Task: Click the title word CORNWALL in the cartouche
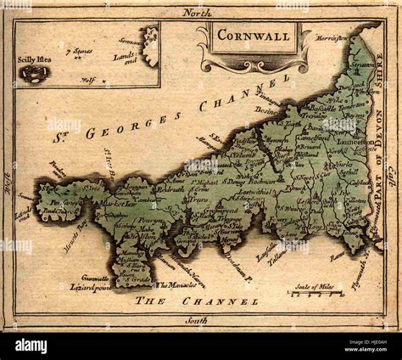click(x=252, y=37)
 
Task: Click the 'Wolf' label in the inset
click(x=87, y=82)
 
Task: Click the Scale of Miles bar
click(x=315, y=294)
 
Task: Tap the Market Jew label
click(x=104, y=203)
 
